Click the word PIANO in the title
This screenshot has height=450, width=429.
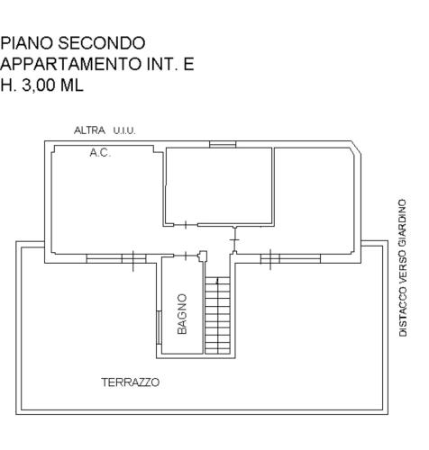click(26, 43)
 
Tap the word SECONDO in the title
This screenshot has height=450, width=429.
click(102, 43)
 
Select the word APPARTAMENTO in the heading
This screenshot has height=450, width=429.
click(70, 64)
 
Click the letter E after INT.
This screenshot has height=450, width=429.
click(188, 64)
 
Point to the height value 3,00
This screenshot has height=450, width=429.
click(39, 85)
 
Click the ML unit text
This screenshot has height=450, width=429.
click(71, 85)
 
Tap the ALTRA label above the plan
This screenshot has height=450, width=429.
click(89, 130)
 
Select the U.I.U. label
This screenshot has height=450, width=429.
click(124, 130)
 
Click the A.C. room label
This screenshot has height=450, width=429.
click(100, 153)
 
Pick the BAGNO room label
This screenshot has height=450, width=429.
click(182, 314)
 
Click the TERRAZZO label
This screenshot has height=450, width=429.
click(130, 382)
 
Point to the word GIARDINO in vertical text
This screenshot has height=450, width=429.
click(403, 219)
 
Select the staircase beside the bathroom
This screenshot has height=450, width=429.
click(217, 316)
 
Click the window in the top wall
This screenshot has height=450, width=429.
click(223, 145)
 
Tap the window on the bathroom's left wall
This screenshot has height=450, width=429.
click(159, 328)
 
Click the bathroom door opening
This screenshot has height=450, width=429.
click(186, 256)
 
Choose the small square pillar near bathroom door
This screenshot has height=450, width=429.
click(204, 256)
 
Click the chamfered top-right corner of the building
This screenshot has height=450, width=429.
click(356, 148)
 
